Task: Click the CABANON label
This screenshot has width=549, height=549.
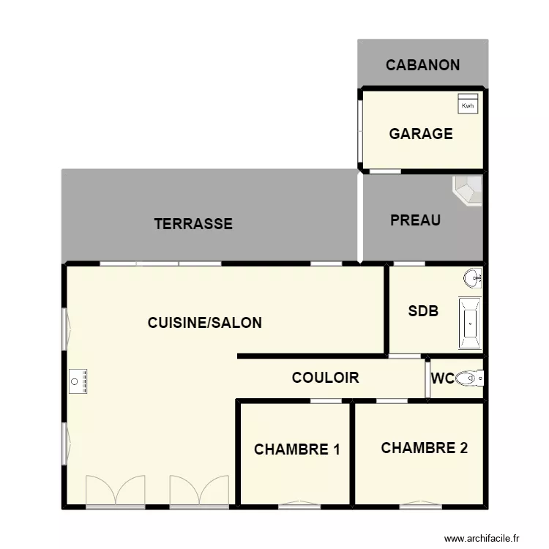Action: pos(422,64)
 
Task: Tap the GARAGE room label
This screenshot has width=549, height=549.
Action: pos(420,134)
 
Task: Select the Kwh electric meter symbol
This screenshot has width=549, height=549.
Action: pos(468,104)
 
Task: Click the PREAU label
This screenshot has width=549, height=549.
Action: pos(415,220)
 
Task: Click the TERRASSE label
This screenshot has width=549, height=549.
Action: pos(193,224)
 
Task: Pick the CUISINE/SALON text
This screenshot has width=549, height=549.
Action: pos(204,322)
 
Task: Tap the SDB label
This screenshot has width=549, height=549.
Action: pos(423,310)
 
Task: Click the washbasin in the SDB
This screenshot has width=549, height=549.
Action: pos(473,277)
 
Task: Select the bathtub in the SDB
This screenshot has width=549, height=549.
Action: pos(469,322)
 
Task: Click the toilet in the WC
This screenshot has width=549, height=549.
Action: pos(468,378)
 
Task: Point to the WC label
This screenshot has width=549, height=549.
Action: pos(442,378)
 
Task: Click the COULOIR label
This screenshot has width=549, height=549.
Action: pos(325,378)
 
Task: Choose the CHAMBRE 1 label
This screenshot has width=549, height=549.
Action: pos(296,449)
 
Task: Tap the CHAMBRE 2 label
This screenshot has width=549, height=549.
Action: pos(424,448)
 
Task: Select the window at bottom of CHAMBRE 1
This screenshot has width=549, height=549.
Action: pos(299,504)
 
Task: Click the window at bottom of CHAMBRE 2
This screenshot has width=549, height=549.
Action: pos(420,504)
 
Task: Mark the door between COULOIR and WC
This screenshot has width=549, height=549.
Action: pos(427,378)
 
